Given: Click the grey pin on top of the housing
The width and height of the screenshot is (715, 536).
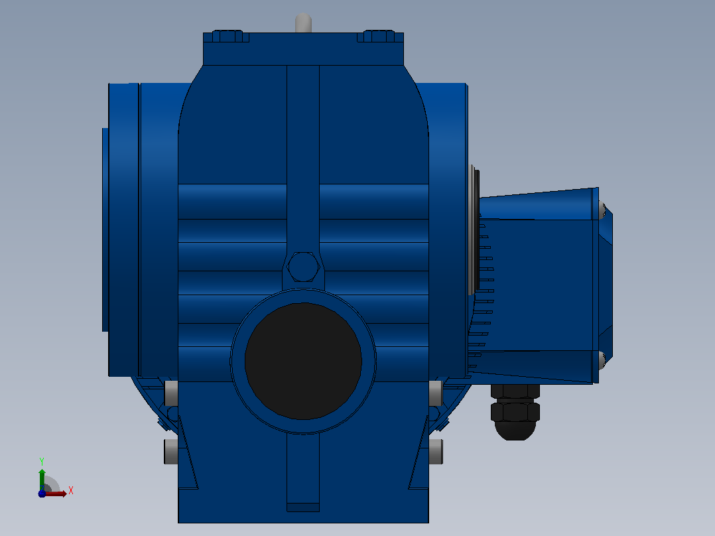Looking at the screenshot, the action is [x=303, y=23].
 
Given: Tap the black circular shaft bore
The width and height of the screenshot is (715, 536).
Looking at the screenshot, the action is [x=303, y=361].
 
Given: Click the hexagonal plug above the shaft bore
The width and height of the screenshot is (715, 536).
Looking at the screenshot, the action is [x=304, y=267].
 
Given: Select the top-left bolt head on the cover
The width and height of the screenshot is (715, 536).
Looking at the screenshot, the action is [x=227, y=36].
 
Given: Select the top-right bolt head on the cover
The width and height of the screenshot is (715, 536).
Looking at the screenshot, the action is [x=379, y=36].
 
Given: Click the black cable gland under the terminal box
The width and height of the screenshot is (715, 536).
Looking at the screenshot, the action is [x=515, y=413].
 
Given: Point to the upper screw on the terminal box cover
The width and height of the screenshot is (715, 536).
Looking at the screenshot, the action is [x=602, y=210].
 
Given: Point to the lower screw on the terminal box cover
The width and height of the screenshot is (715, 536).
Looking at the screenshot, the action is [x=602, y=360].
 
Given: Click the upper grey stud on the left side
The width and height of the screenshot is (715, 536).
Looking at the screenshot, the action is [x=171, y=393].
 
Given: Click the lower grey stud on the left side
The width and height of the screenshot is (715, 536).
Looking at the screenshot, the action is [x=171, y=452].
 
